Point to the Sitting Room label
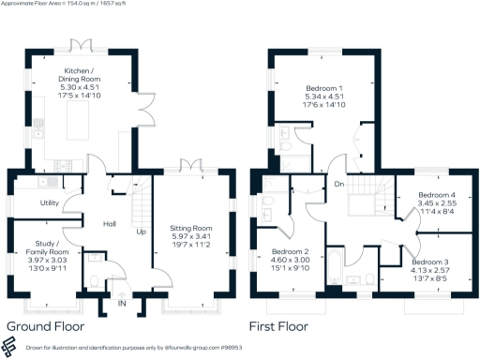[191, 228]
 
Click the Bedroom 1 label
[326, 89]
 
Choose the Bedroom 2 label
[291, 252]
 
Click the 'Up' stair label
[141, 231]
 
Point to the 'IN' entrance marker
[121, 304]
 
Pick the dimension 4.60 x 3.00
[291, 262]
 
